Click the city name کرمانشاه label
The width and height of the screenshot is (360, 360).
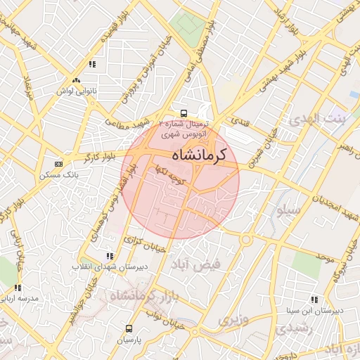click(x=196, y=154)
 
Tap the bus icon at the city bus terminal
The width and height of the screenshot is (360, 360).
click(x=184, y=112)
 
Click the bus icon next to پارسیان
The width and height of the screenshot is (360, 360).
click(x=129, y=328)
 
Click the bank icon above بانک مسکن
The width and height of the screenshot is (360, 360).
click(x=58, y=163)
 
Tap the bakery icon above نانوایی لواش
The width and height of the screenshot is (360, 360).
click(x=76, y=81)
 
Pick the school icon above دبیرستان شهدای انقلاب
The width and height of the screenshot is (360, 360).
click(x=109, y=257)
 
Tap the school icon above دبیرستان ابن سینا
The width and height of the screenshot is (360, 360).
click(x=314, y=300)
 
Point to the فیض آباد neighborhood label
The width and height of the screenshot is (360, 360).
click(x=197, y=263)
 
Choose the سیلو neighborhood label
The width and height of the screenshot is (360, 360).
click(x=289, y=210)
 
